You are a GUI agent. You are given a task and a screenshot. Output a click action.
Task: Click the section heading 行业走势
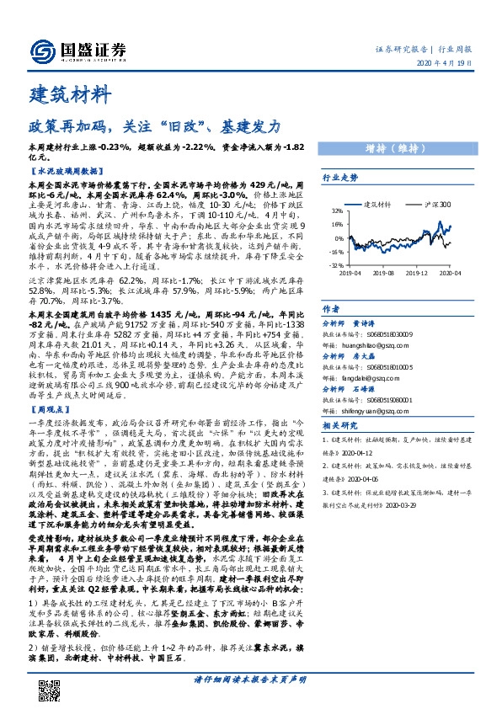pyautogui.click(x=340, y=178)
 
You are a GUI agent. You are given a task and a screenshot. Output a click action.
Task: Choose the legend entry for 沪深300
pyautogui.click(x=434, y=204)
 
